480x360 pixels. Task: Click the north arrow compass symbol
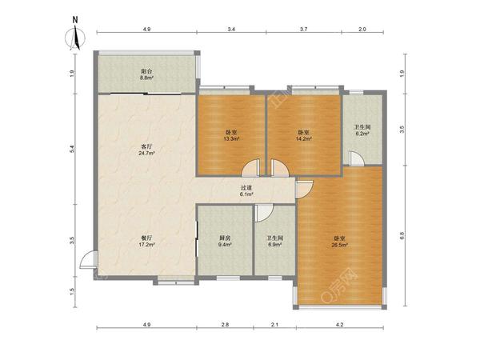(x=75, y=34)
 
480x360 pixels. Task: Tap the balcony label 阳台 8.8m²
(x=147, y=74)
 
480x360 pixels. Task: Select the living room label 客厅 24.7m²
(x=147, y=150)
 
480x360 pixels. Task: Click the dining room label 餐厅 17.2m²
(x=147, y=242)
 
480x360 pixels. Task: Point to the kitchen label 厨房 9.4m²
(x=225, y=242)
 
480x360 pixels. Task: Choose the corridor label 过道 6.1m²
(x=246, y=191)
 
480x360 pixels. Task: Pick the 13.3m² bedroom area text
(x=231, y=138)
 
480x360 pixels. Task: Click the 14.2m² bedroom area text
(x=304, y=138)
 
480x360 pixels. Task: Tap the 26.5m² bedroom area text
(x=340, y=245)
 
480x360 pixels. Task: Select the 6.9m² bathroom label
(x=275, y=242)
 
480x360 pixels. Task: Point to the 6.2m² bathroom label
(x=362, y=130)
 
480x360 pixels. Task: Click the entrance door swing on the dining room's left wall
(x=88, y=259)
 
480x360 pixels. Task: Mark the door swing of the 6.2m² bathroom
(x=357, y=158)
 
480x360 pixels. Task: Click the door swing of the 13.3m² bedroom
(x=250, y=168)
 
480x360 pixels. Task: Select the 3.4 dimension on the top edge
(x=231, y=30)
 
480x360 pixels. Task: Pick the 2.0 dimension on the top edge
(x=362, y=30)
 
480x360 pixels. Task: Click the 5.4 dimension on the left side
(x=72, y=149)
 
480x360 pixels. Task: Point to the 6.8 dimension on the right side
(x=402, y=236)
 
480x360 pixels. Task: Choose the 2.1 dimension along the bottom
(x=275, y=325)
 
